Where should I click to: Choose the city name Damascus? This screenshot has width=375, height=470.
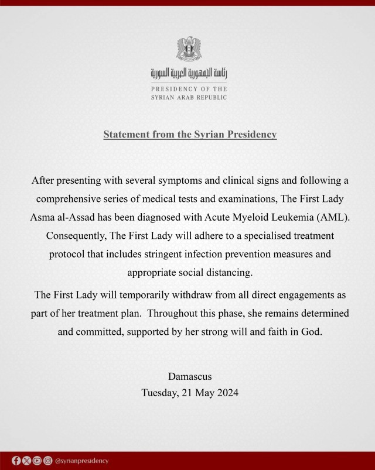pos(190,376)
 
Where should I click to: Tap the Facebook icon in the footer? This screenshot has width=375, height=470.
pos(16,461)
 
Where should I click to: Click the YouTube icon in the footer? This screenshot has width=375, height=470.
pos(36,461)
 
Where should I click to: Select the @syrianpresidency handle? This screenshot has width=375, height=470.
pos(81,461)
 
